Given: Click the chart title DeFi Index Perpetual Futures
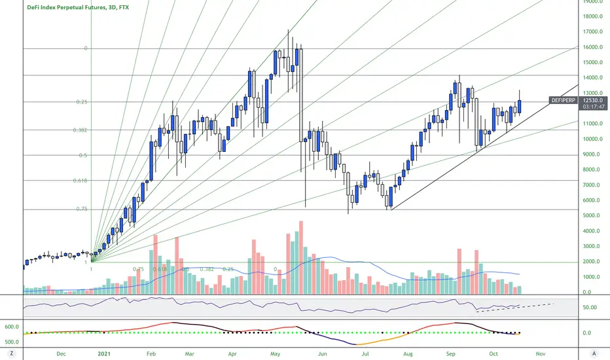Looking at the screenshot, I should click(x=77, y=8).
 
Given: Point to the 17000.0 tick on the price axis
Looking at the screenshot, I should click(x=593, y=32).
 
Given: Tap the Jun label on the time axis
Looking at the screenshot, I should click(x=321, y=353).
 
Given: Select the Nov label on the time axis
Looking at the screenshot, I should click(x=541, y=353).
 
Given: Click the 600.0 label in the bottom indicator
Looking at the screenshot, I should click(x=10, y=327).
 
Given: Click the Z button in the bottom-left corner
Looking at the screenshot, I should click(x=11, y=353).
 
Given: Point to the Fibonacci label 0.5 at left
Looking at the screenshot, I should click(x=82, y=156).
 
